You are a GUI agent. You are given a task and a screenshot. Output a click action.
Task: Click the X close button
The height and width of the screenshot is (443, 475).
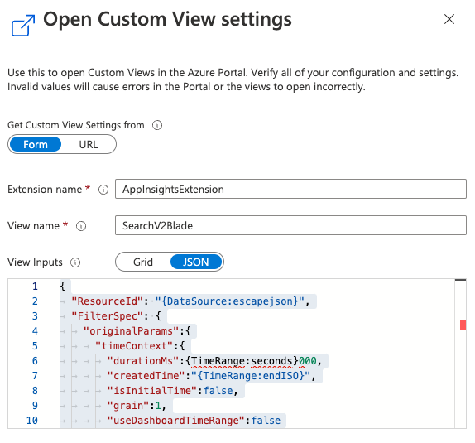[449, 19]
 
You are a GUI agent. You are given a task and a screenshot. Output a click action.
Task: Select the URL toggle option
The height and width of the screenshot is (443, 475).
[89, 144]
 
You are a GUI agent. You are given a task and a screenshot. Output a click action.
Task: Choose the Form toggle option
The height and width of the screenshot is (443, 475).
[36, 144]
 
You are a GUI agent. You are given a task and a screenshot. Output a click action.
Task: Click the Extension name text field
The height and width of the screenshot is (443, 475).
[290, 189]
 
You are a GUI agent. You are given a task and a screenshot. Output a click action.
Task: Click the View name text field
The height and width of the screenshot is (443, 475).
[290, 225]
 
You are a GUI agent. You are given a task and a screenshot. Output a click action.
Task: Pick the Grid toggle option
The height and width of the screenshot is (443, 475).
[143, 262]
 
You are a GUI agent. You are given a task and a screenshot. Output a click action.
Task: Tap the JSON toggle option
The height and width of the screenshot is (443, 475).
[195, 262]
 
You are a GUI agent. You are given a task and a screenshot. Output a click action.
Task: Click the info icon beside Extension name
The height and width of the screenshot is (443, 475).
[103, 190]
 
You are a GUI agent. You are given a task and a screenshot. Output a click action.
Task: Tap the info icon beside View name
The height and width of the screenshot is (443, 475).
[81, 226]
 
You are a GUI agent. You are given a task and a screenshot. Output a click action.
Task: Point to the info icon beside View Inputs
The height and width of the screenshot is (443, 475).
[75, 262]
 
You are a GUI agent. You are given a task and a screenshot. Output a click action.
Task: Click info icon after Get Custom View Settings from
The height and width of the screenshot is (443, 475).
[157, 125]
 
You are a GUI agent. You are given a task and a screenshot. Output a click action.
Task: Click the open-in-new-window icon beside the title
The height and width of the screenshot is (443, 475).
[23, 26]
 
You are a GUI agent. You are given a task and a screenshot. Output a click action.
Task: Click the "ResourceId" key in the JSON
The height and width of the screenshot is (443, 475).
[108, 301]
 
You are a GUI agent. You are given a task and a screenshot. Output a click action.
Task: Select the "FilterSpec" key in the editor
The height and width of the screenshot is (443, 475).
[108, 316]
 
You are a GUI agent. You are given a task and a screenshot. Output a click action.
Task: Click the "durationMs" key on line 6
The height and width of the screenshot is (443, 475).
[143, 361]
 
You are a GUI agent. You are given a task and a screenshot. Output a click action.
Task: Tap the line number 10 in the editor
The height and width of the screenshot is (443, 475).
[32, 421]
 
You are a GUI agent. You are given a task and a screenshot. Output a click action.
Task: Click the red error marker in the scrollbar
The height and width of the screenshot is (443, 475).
[463, 325]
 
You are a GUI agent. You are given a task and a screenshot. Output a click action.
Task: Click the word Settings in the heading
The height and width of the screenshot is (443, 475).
[257, 19]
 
